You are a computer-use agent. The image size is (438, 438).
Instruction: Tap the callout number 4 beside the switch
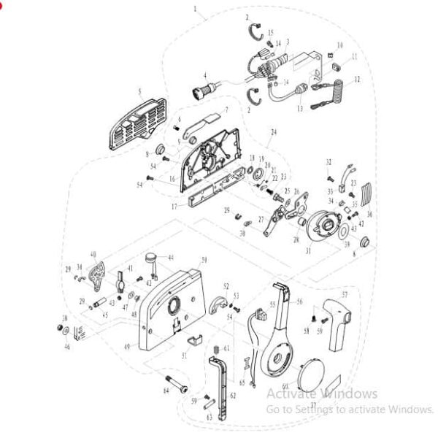[205, 75]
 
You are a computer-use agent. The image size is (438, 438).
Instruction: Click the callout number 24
[274, 132]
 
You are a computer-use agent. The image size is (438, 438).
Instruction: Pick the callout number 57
[345, 295]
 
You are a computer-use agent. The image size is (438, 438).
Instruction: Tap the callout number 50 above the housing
[204, 260]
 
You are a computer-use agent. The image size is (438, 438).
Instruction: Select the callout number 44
[171, 258]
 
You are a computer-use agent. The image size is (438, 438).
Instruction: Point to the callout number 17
[174, 207]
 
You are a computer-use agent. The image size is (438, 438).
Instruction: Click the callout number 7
[226, 110]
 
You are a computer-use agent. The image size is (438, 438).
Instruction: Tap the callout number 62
[233, 395]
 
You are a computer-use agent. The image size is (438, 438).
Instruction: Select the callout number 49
[128, 346]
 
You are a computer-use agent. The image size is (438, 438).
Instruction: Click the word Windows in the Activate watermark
[347, 394]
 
